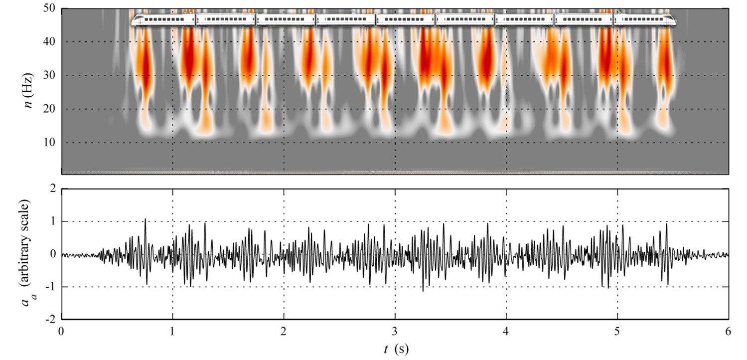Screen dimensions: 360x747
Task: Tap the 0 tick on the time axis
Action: tap(61, 331)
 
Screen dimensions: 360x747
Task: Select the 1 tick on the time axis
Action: tap(172, 331)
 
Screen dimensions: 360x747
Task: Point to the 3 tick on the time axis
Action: tap(395, 331)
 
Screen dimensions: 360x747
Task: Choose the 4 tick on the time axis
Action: tap(506, 331)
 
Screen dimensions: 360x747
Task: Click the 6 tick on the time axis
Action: tap(728, 331)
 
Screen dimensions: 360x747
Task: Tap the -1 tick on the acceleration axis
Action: tap(50, 287)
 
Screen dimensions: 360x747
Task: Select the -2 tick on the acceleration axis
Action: tap(50, 319)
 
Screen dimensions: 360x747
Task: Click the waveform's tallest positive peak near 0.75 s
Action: tap(145, 219)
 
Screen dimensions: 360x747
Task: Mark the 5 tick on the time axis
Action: tap(617, 331)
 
